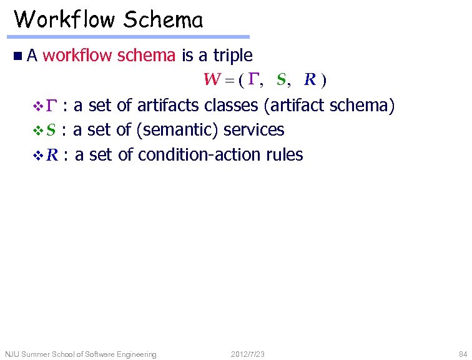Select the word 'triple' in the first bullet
(x=233, y=56)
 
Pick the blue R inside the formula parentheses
(x=310, y=80)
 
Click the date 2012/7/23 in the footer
(x=248, y=354)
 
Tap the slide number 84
(x=462, y=354)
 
